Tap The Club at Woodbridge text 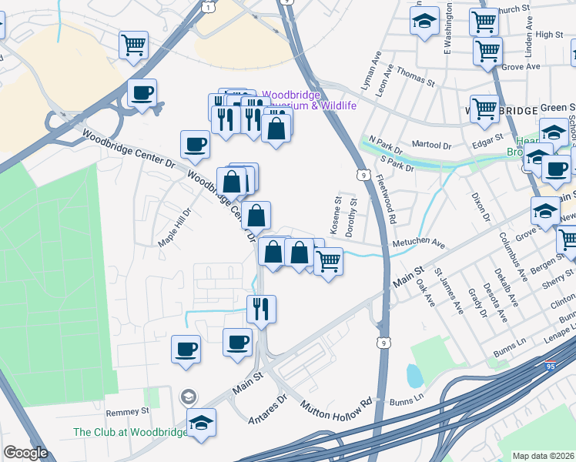click(x=130, y=432)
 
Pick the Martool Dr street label click(x=431, y=144)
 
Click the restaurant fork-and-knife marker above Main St click(x=261, y=309)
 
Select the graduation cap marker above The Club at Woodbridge click(x=202, y=422)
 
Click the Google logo click(x=25, y=453)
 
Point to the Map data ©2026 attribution click(x=543, y=456)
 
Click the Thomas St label click(x=417, y=79)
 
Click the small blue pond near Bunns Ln click(x=414, y=376)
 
